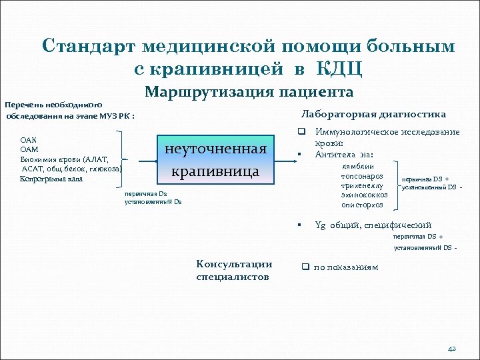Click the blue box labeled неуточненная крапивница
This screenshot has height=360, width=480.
tap(215, 159)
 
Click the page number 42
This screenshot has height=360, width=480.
tap(451, 348)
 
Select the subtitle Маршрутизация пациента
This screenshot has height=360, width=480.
tap(249, 92)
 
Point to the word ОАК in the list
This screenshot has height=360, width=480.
tap(29, 141)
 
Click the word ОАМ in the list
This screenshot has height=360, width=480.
tap(29, 150)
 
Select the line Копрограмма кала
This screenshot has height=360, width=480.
tap(51, 179)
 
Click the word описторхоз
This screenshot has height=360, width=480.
tap(363, 205)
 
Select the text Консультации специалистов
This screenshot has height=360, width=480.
tap(234, 271)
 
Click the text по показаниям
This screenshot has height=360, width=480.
tap(345, 267)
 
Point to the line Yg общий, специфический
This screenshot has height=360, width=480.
tap(373, 225)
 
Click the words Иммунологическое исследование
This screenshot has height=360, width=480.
tap(387, 132)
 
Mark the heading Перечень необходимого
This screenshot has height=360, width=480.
tap(53, 105)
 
